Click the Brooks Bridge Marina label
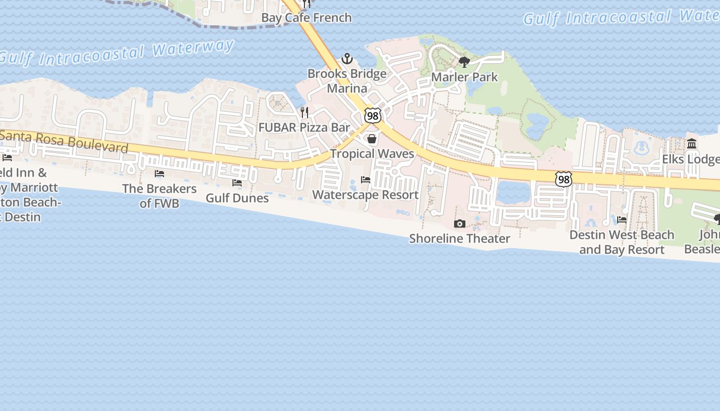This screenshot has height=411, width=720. pos(347,81)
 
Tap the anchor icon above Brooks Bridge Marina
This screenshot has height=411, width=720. pos(347,58)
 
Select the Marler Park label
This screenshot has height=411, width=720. pos(464,77)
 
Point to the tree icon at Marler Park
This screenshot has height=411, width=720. pos(464,63)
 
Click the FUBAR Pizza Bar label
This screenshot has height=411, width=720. pos(304,127)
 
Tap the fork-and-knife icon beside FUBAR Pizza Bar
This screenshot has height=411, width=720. pos(304,112)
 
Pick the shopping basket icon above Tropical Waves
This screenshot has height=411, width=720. pos(372,139)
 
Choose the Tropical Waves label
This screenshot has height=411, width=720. pos(372,154)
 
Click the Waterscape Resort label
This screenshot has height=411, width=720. pos(365,195)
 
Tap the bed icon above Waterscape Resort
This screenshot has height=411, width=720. pos(366,180)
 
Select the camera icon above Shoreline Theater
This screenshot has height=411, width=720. pos(460,223)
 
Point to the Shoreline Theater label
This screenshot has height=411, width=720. pos(460,238)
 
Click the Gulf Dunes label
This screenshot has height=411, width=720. pos(237,198)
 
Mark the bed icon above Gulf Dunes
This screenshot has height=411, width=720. pos(237,182)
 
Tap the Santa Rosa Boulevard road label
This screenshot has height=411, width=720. pos(64,141)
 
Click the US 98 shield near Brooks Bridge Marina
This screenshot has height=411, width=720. pos(373,116)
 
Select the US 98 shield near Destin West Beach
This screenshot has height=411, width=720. pos(564,179)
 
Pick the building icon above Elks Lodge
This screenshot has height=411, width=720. pos(692,144)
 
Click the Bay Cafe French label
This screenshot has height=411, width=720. pos(307,17)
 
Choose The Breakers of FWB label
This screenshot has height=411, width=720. pos(159,196)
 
